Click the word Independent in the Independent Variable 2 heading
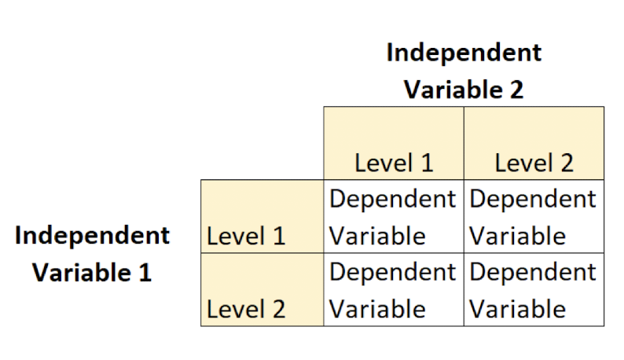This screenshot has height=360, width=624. click(464, 53)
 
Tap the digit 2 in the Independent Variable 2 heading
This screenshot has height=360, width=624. click(515, 90)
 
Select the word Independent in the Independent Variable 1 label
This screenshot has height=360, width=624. click(92, 235)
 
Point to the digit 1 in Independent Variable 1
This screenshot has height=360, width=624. click(144, 273)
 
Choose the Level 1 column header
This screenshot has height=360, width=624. click(393, 163)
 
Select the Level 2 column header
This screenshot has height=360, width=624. click(534, 163)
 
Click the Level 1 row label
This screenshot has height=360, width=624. click(246, 236)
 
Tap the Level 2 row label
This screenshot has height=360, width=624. click(246, 309)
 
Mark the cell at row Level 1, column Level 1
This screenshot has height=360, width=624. click(393, 217)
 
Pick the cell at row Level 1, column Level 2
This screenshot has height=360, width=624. click(534, 217)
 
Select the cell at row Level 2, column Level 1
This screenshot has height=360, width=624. click(393, 290)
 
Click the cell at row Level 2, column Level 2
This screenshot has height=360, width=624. click(534, 290)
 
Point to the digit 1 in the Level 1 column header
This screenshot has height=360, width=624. click(425, 163)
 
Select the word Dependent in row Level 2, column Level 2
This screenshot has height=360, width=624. click(533, 272)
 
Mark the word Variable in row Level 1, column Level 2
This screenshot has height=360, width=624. click(517, 236)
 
